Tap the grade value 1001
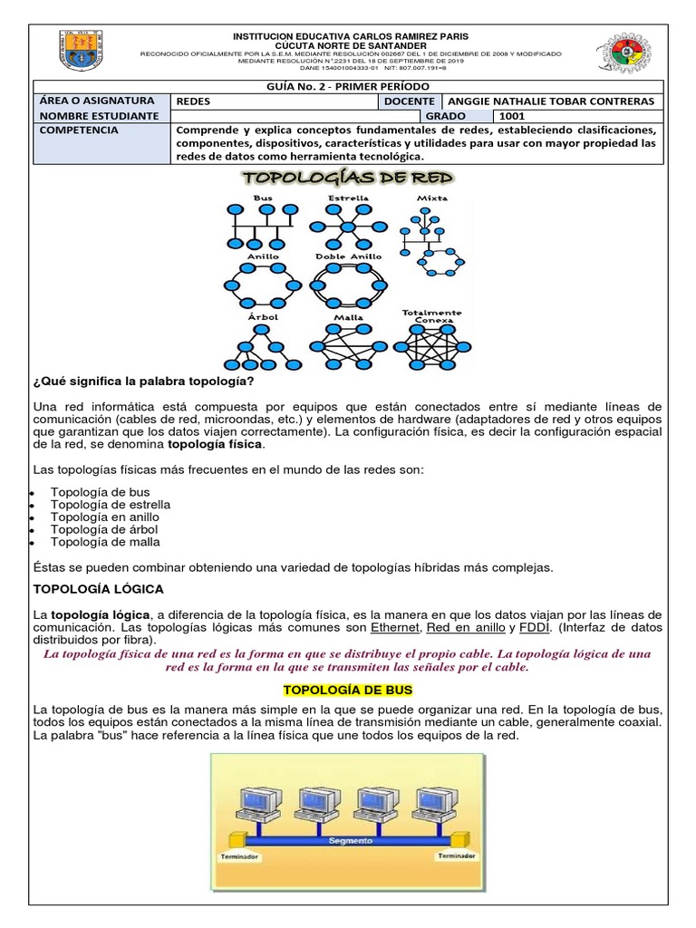[x=512, y=116]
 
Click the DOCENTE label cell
[x=410, y=101]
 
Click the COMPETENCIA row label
[x=80, y=130]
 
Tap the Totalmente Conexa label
[x=432, y=315]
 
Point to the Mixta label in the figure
[x=432, y=198]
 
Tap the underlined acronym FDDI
[x=537, y=628]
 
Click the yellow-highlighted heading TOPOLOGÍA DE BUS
[x=348, y=691]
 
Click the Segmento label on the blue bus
[x=350, y=840]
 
